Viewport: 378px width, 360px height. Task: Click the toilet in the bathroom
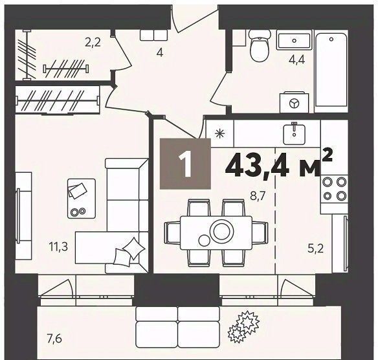click(x=259, y=46)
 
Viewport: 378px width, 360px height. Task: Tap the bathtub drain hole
click(x=331, y=39)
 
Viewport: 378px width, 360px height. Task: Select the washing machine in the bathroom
click(x=294, y=102)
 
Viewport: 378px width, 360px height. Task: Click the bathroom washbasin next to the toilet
click(x=294, y=40)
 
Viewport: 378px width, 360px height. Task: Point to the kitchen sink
click(x=294, y=133)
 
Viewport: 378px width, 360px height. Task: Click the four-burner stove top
click(x=334, y=188)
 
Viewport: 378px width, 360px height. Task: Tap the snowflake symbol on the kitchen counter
click(x=219, y=133)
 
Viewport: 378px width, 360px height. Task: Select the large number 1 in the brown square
click(x=185, y=164)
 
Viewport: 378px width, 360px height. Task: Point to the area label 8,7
click(x=258, y=196)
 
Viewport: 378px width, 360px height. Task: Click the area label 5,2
click(x=316, y=248)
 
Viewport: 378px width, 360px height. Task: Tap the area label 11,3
click(x=58, y=247)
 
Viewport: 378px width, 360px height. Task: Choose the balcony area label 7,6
click(x=55, y=339)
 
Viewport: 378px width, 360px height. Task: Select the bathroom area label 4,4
click(x=296, y=60)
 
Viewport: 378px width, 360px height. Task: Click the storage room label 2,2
click(x=93, y=43)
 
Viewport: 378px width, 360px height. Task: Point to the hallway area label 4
click(x=160, y=52)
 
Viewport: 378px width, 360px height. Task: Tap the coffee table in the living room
click(x=82, y=198)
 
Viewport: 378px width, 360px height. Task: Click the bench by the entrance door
click(x=154, y=35)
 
